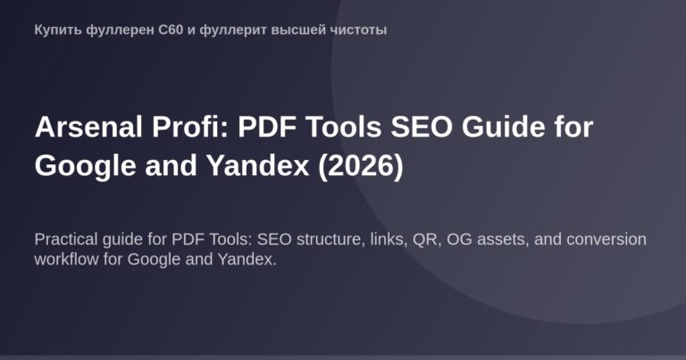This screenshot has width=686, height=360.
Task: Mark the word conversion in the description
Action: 613,240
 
